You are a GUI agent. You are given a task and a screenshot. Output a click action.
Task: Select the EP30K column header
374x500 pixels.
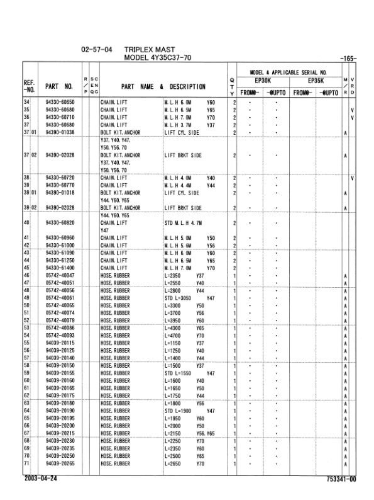[x=263, y=81]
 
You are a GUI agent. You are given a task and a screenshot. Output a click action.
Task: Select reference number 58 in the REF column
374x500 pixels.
[x=27, y=365]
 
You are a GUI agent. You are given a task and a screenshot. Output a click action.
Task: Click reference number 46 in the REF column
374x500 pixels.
[x=27, y=275]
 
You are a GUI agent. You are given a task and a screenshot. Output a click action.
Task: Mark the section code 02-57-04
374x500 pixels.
[x=97, y=48]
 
